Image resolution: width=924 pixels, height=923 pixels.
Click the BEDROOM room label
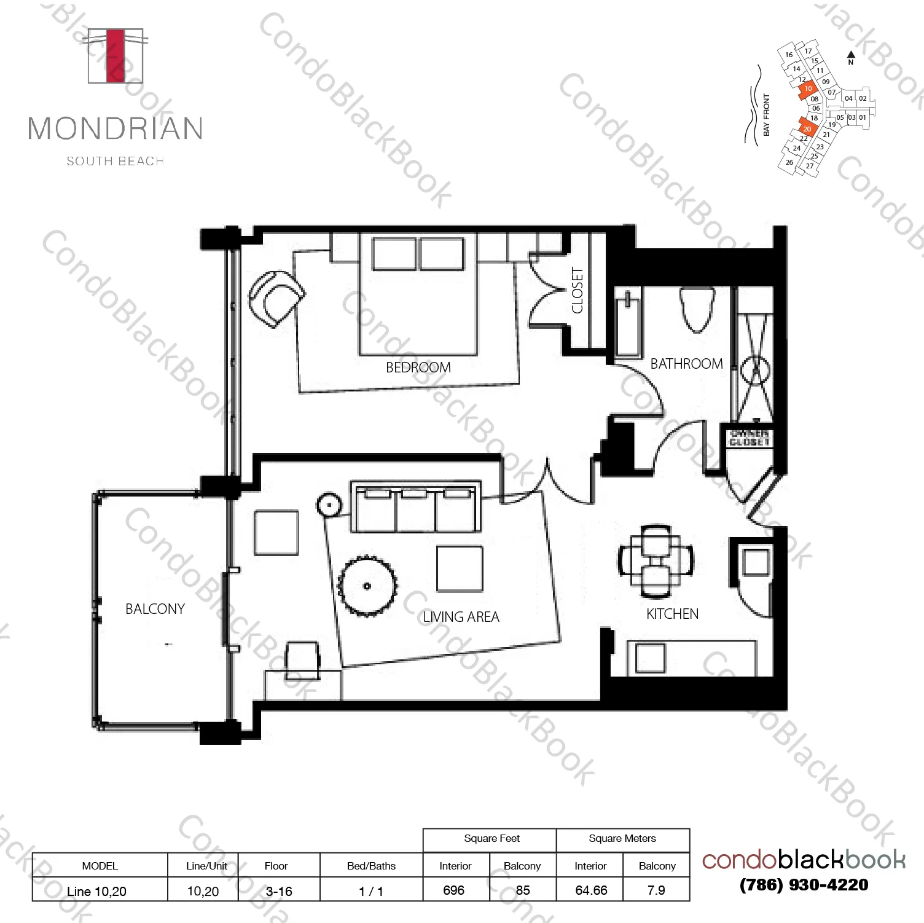pos(418,367)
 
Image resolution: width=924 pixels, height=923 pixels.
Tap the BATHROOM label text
pos(686,364)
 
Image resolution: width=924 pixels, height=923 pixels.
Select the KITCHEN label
pos(672,614)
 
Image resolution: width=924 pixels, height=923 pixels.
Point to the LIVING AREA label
pos(461,617)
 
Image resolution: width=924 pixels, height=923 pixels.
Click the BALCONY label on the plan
pos(155,609)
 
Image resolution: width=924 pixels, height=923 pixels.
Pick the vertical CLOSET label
pos(577,291)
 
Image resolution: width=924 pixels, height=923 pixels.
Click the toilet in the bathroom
pos(698,308)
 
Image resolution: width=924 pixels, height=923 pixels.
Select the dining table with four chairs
pos(656,560)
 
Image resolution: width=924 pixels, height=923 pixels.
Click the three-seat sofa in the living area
pos(416,508)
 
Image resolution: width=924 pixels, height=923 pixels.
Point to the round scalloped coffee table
pos(367,586)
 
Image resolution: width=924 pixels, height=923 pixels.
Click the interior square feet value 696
pos(454,890)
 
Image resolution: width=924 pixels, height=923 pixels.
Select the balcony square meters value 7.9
pos(656,890)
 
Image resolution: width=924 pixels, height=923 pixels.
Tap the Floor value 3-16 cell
pos(278,891)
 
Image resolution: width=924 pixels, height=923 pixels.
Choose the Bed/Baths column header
pos(371,866)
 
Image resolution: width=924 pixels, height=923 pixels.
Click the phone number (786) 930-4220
pos(804,885)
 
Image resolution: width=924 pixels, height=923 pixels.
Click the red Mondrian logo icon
pos(116,55)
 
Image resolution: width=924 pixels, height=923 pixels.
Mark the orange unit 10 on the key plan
pos(808,89)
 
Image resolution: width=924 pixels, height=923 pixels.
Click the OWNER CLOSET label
pos(749,438)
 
